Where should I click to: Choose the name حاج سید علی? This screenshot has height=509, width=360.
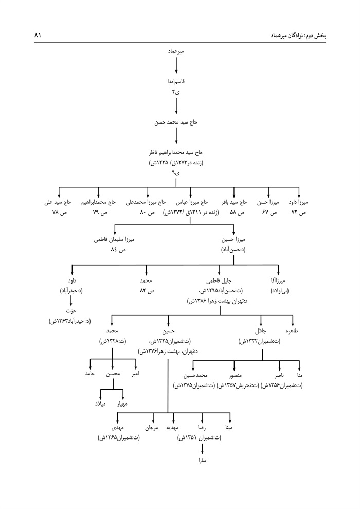tap(58, 203)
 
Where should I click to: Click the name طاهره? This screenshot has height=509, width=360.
tap(293, 332)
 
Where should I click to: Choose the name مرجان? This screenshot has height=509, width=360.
tap(150, 428)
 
